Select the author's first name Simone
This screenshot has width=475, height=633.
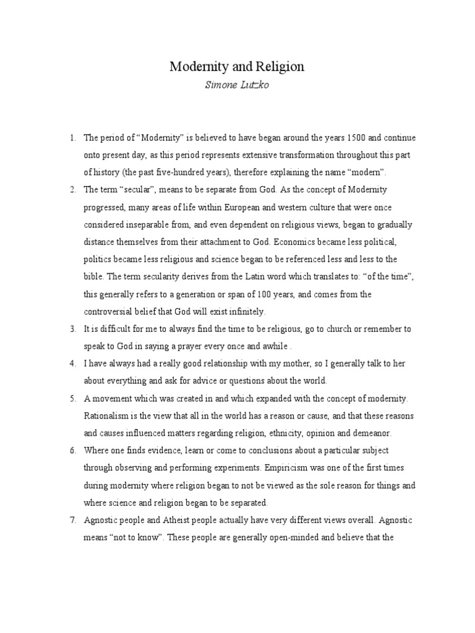pos(220,85)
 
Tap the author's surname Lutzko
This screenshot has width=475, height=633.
pos(253,85)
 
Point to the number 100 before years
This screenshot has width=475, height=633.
pos(279,294)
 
